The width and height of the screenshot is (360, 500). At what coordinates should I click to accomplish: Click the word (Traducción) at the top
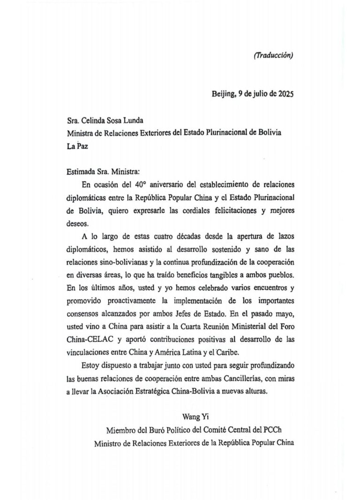273,55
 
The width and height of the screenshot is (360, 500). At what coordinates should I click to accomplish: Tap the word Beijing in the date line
223,93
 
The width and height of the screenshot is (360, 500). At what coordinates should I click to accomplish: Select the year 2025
285,93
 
